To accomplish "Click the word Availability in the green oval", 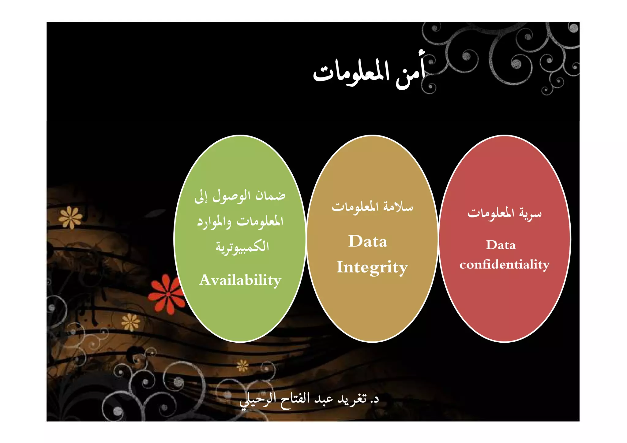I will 240,280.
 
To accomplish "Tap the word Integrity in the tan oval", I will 372,267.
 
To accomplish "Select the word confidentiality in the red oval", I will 505,264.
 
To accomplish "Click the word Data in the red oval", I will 501,245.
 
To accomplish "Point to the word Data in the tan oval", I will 368,241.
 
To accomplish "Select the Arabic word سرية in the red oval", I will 530,213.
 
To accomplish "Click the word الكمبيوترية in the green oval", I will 242,247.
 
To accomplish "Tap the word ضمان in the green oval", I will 271,195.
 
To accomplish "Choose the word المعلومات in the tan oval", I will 355,207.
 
